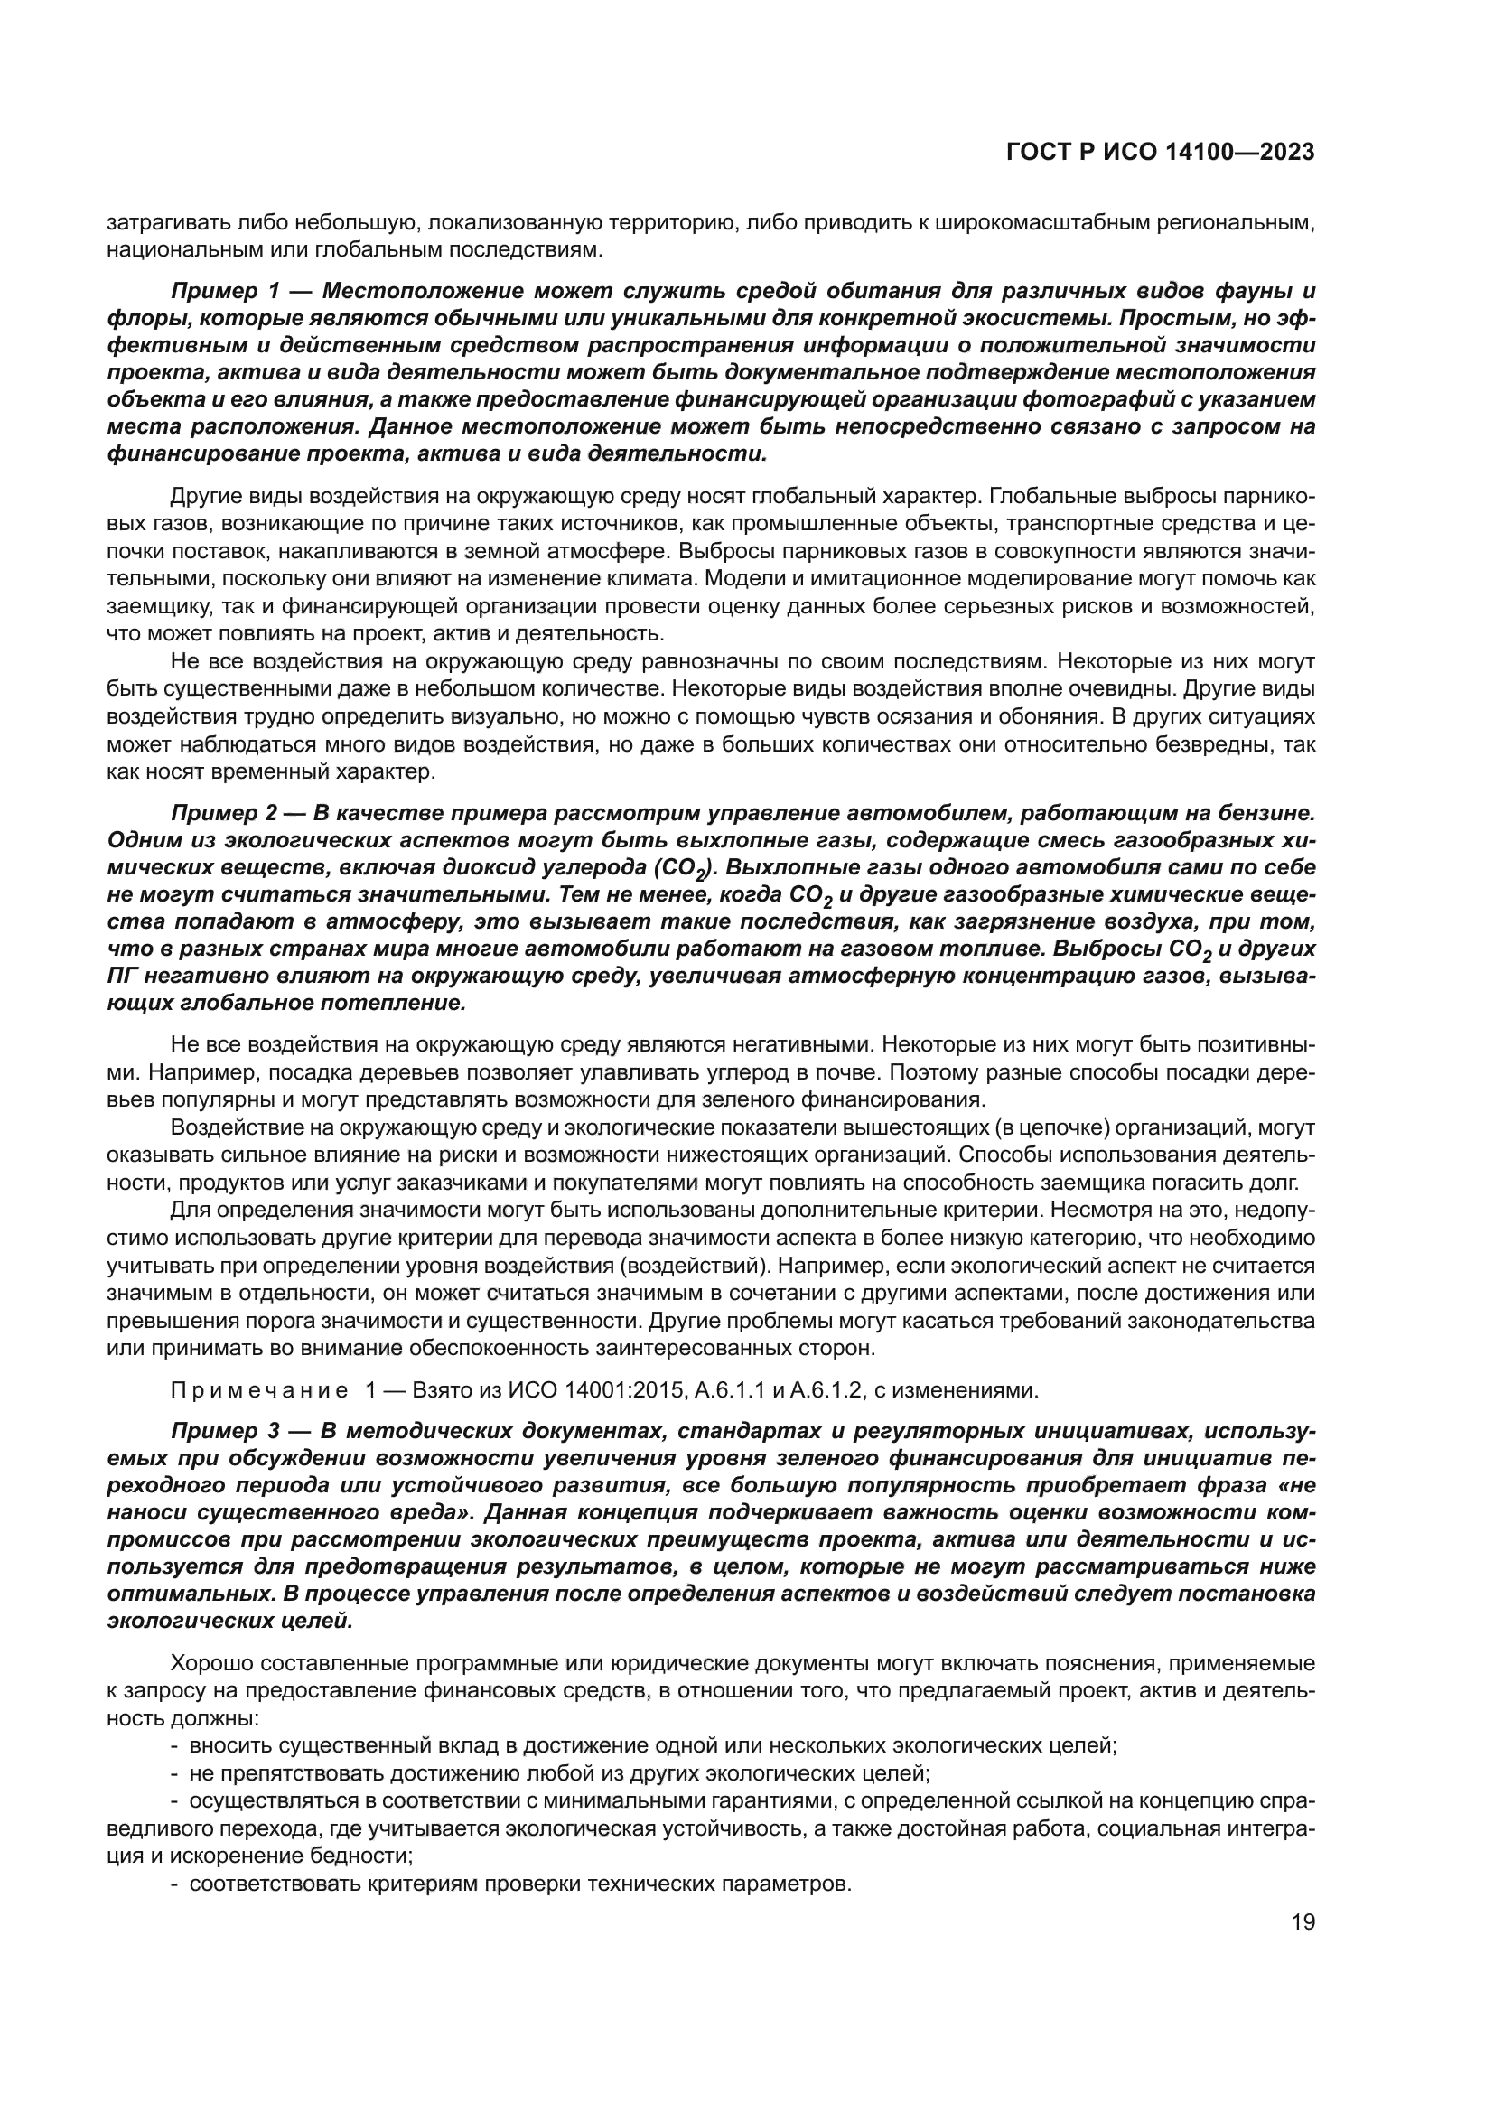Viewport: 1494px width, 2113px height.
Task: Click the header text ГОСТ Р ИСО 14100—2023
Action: tap(1160, 153)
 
